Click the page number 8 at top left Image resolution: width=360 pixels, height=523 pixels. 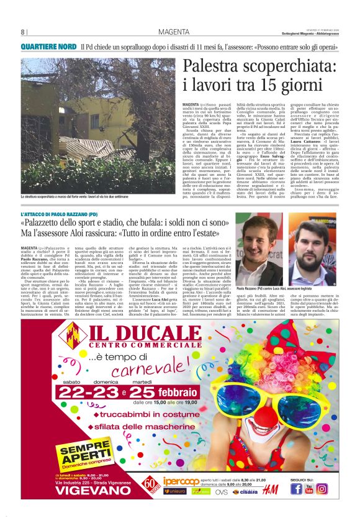(x=23, y=32)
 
